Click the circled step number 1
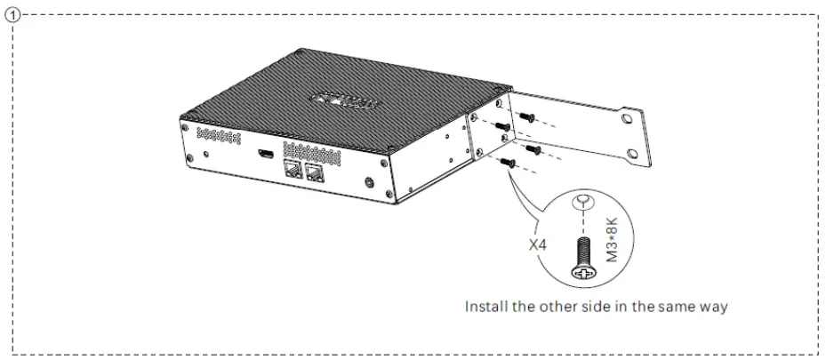[x=10, y=14]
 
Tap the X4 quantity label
[x=541, y=241]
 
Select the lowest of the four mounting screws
[x=507, y=162]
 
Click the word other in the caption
[x=564, y=307]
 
